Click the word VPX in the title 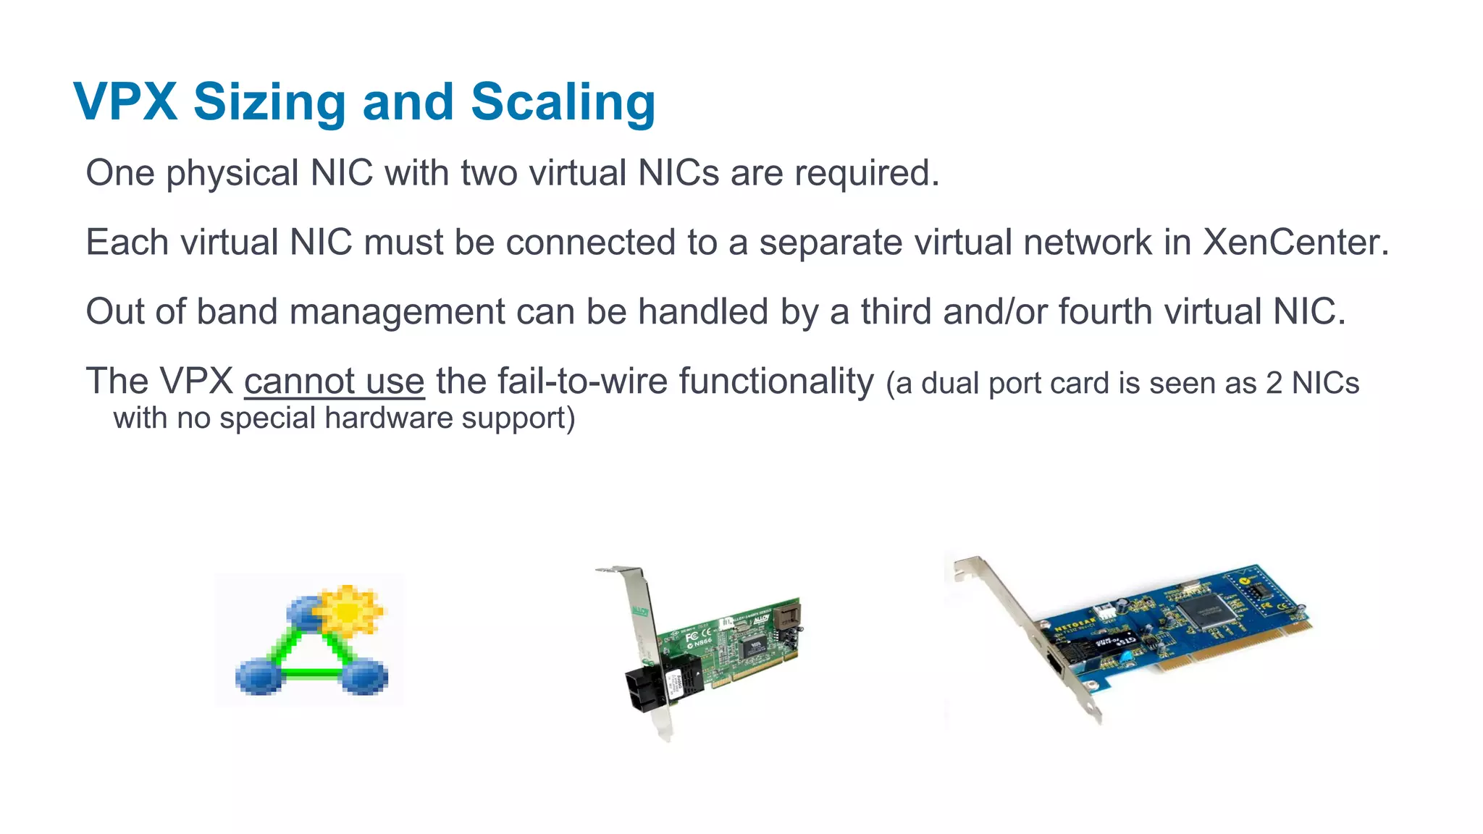click(x=125, y=101)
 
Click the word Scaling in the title click(x=563, y=101)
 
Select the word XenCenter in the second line click(x=1295, y=242)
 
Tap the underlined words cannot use click(x=334, y=381)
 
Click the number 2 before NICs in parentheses click(x=1274, y=383)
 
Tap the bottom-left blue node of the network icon click(x=258, y=676)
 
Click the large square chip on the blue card click(x=1207, y=612)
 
